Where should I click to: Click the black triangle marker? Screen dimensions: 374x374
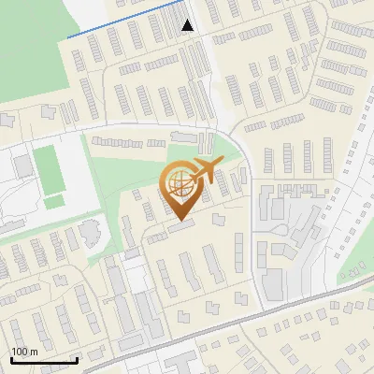188,25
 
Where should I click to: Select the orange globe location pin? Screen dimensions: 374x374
180,187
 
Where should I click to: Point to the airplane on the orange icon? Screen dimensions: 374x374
205,170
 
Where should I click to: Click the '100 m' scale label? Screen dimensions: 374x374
25,352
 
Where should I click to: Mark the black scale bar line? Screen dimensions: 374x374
44,361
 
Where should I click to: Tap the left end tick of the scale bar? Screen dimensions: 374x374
11,358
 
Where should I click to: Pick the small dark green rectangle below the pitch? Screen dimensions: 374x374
54,201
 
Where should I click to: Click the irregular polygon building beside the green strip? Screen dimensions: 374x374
91,231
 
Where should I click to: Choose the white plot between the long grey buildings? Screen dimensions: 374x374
137,276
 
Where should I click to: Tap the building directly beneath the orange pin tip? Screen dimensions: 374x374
181,225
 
